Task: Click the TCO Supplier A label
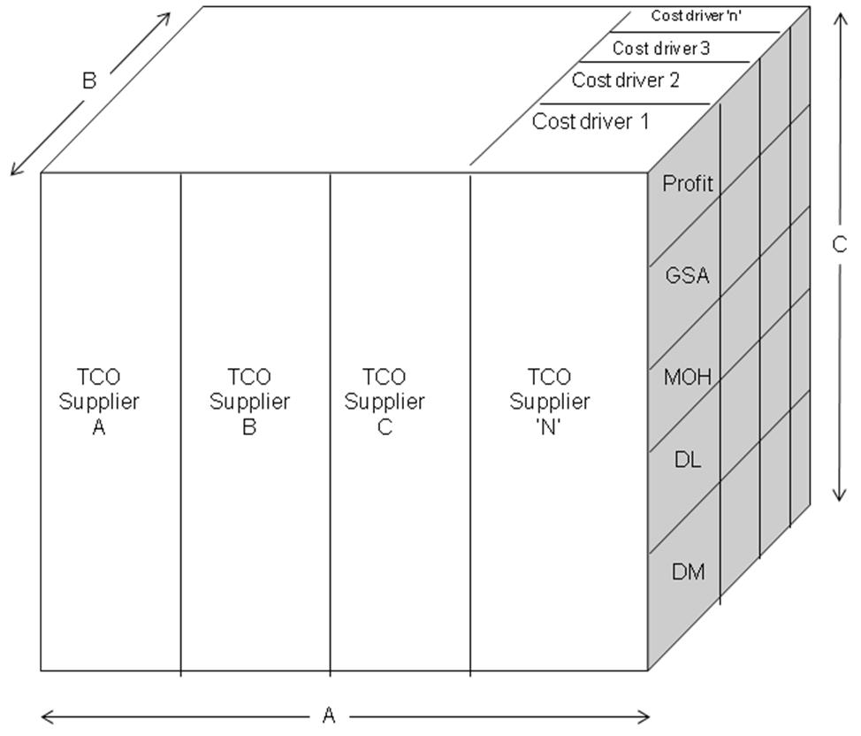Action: point(99,402)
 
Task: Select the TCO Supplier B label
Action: point(249,402)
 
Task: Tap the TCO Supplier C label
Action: point(385,402)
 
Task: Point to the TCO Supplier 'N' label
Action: point(549,402)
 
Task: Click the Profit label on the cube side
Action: point(687,184)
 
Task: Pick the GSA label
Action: point(687,275)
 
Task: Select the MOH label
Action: point(687,378)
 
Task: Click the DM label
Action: point(688,572)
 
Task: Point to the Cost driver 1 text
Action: point(591,122)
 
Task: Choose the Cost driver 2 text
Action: point(625,80)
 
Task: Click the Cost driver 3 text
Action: point(661,49)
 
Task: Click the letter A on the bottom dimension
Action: point(329,716)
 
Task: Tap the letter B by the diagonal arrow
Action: point(88,81)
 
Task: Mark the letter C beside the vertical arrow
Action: point(840,246)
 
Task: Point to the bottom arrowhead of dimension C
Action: point(838,497)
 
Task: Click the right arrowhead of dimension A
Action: point(647,716)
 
